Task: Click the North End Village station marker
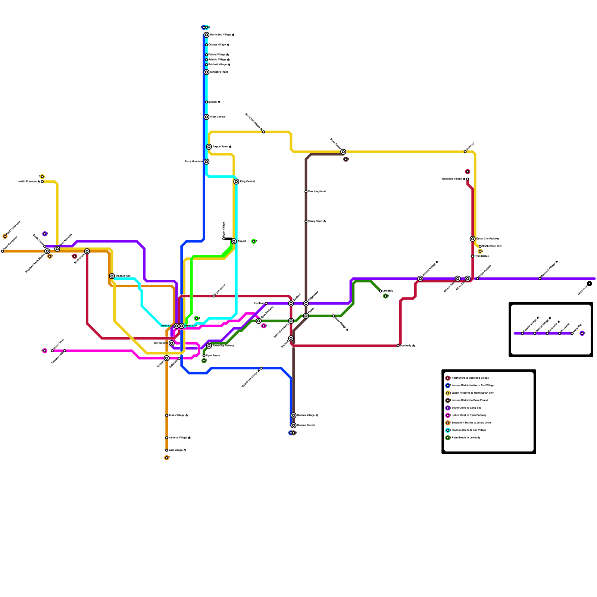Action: (206, 35)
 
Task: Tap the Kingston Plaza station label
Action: (219, 72)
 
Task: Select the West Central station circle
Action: (206, 117)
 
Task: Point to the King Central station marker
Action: (236, 182)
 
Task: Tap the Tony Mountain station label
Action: (194, 162)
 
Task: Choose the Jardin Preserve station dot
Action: (42, 182)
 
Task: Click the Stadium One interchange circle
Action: (112, 276)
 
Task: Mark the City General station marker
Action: (172, 343)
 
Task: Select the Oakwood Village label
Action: (453, 179)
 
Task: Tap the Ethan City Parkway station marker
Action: (472, 239)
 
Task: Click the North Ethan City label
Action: (492, 246)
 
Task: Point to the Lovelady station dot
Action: (381, 291)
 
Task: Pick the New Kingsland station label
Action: (317, 191)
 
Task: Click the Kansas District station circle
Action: (294, 425)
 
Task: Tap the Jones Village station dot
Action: (166, 415)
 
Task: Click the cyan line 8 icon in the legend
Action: (448, 430)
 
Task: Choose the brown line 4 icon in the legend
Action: (448, 400)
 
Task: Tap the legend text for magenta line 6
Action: (469, 415)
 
